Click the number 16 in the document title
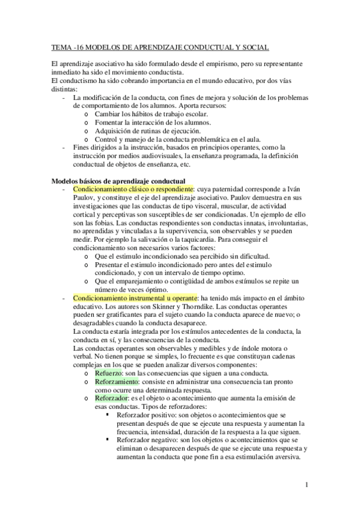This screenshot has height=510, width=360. (x=80, y=46)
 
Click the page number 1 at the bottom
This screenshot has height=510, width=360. (x=307, y=484)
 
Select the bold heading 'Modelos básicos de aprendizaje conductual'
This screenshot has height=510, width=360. (x=118, y=181)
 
